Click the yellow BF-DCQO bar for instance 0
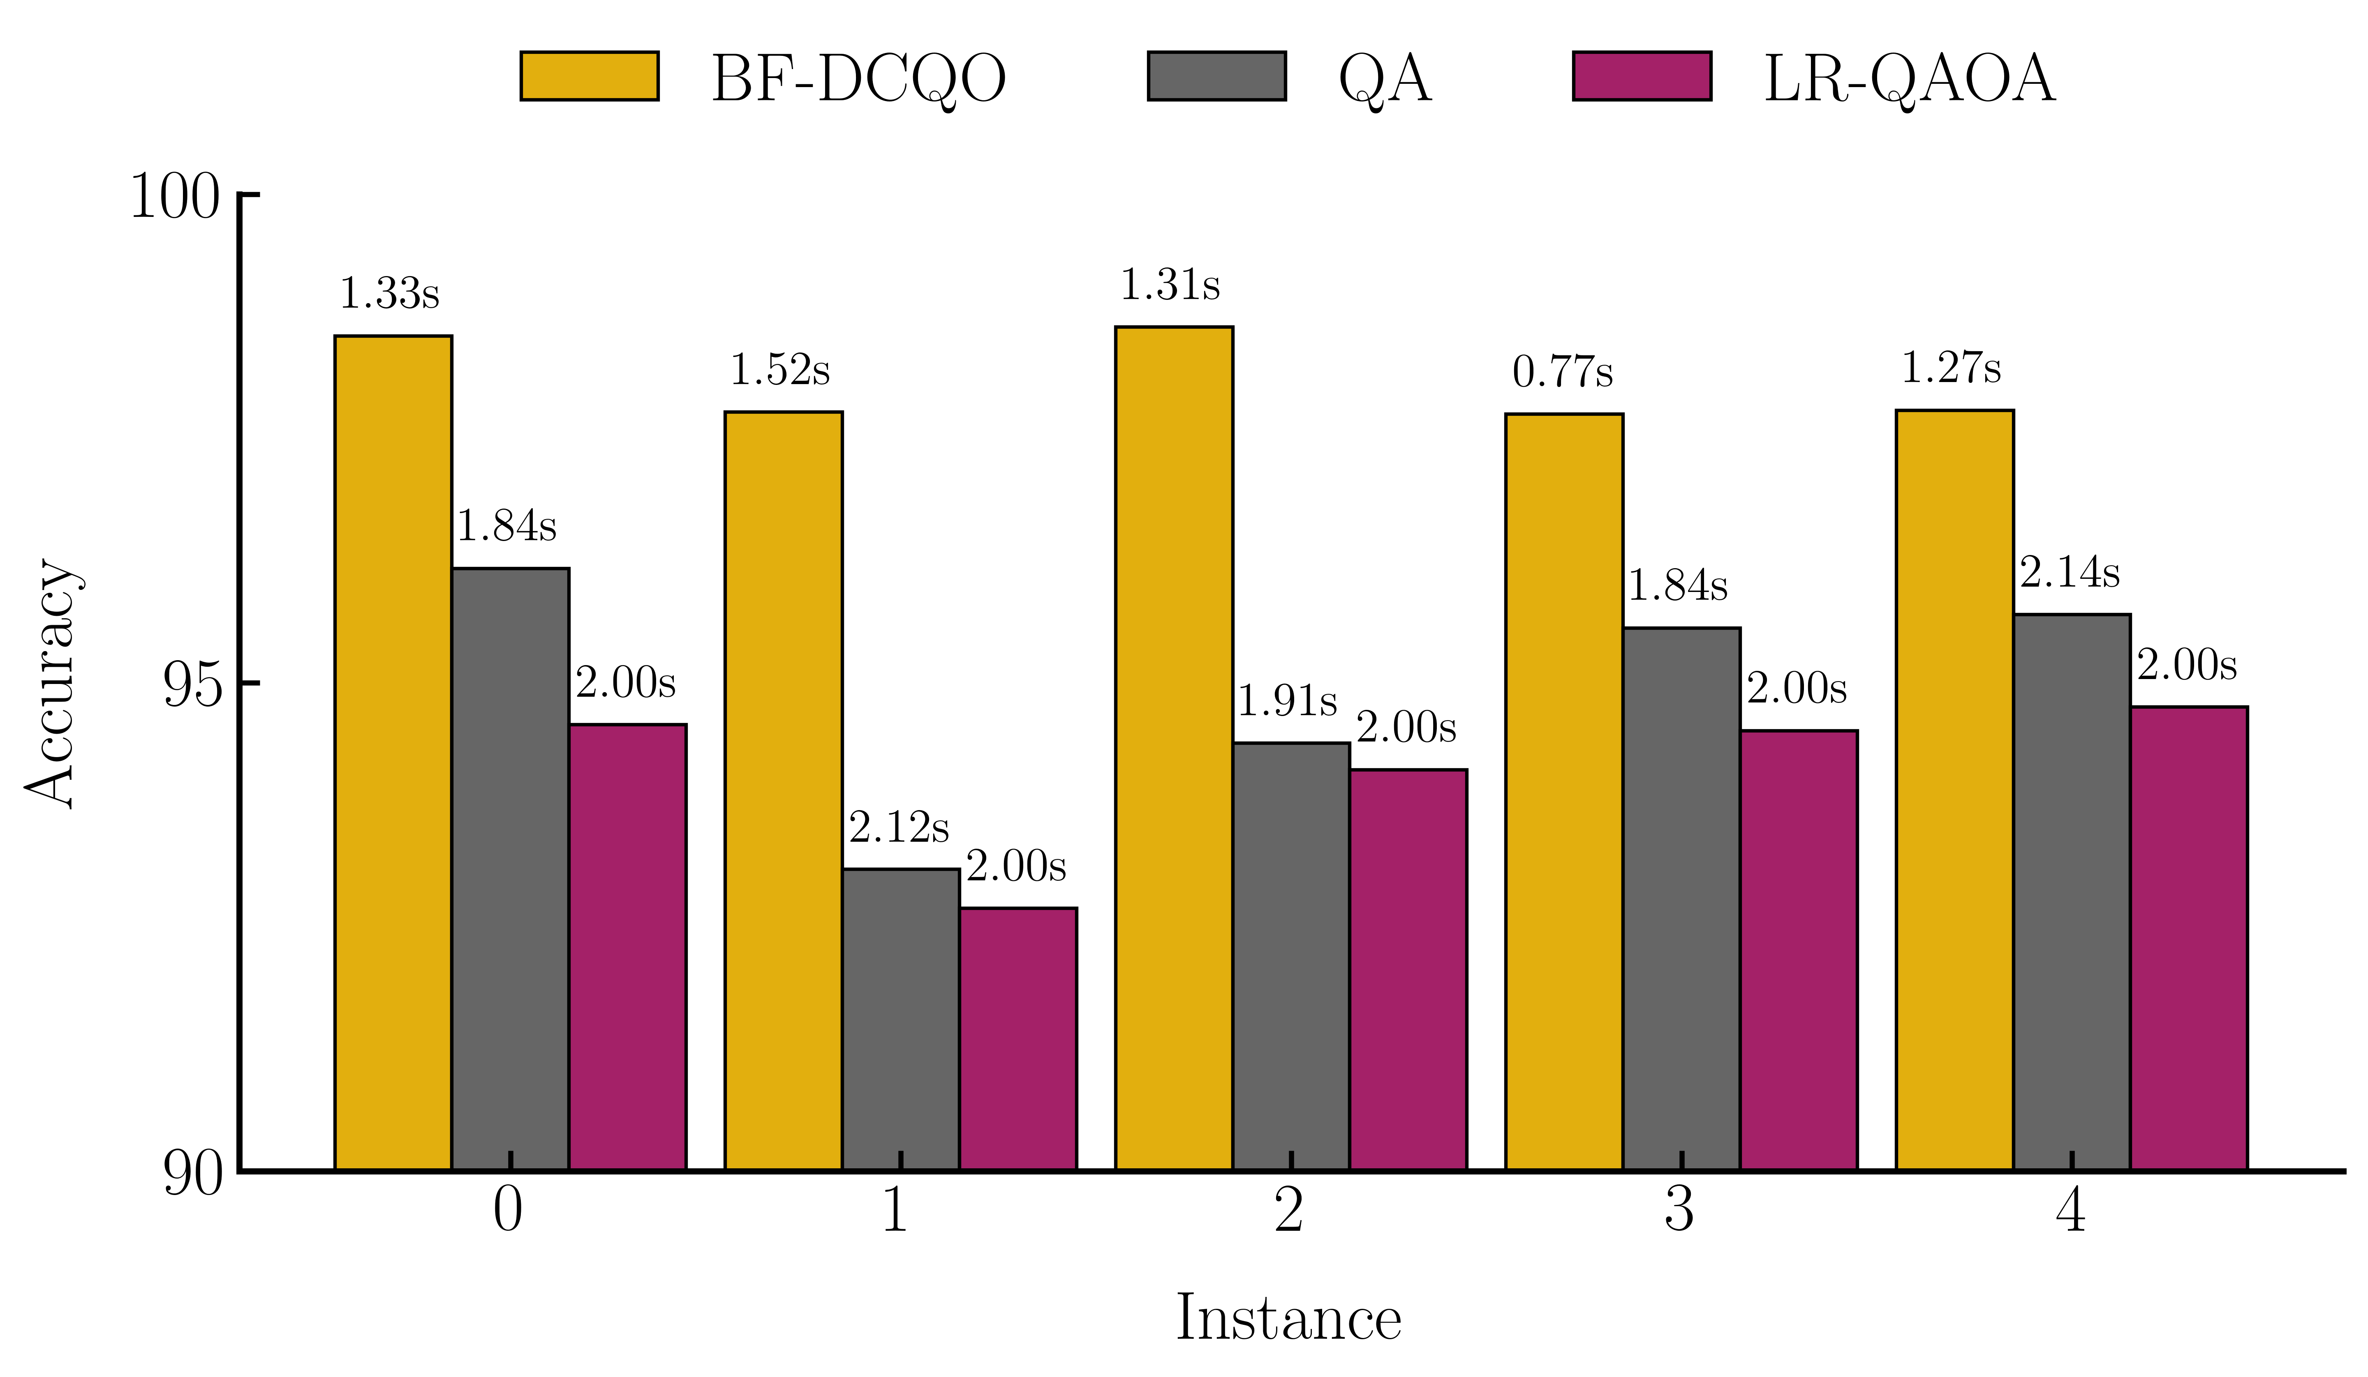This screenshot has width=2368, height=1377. pyautogui.click(x=393, y=751)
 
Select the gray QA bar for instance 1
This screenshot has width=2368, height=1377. pyautogui.click(x=900, y=1019)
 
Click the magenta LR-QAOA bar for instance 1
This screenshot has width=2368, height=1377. pyautogui.click(x=1017, y=1038)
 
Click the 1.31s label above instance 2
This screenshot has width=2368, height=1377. pyautogui.click(x=1170, y=285)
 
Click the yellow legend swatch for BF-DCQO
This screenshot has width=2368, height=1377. pyautogui.click(x=589, y=76)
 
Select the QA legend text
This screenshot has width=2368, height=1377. pyautogui.click(x=1384, y=79)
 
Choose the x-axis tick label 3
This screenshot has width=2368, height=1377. pyautogui.click(x=1679, y=1210)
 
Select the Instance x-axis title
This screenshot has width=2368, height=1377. pyautogui.click(x=1288, y=1318)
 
